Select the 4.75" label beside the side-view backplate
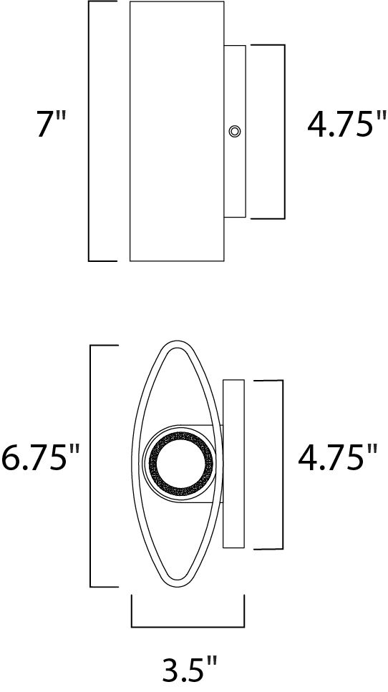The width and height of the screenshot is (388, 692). pyautogui.click(x=341, y=126)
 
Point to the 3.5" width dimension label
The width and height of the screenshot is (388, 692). pyautogui.click(x=188, y=671)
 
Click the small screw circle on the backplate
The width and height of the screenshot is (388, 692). pyautogui.click(x=234, y=131)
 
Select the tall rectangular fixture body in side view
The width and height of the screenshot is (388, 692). pyautogui.click(x=177, y=131)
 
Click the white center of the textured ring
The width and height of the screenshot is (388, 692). pyautogui.click(x=180, y=463)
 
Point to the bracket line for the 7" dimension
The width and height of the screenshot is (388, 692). pyautogui.click(x=89, y=131)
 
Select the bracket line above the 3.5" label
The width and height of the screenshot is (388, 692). pyautogui.click(x=188, y=626)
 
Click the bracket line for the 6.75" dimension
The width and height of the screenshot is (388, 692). pyautogui.click(x=89, y=465)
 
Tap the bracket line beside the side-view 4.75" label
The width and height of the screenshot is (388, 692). pyautogui.click(x=284, y=131)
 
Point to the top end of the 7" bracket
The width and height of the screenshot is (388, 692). pyautogui.click(x=102, y=2)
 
